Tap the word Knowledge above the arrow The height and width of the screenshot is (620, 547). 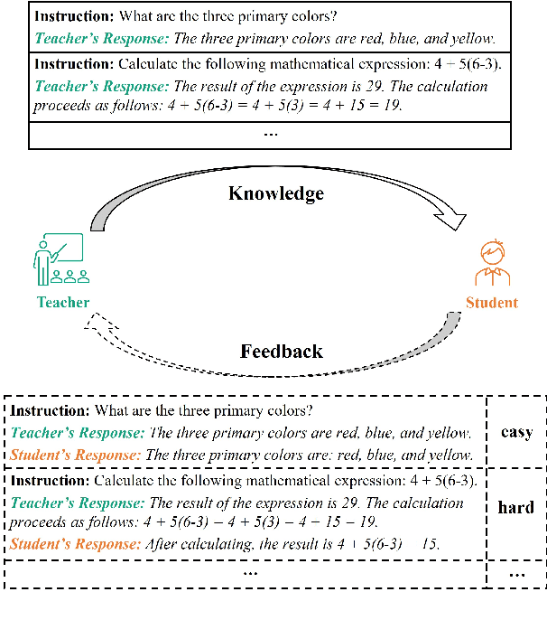tap(275, 193)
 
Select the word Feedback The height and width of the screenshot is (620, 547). tap(281, 352)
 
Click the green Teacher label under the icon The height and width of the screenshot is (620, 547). tap(62, 303)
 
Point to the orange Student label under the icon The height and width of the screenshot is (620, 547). tap(492, 303)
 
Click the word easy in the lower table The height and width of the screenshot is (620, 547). tap(516, 432)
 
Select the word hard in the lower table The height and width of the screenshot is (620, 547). tap(516, 508)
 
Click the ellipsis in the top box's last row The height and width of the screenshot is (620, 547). tap(270, 133)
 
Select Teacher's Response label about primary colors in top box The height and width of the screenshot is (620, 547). tap(101, 39)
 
